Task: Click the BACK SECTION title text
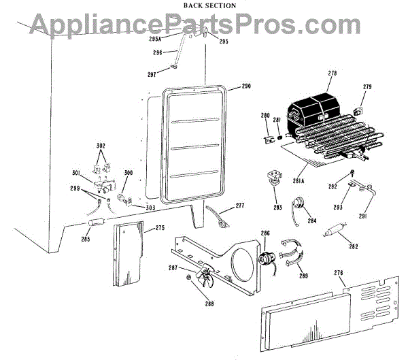pos(210,5)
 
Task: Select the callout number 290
pos(245,86)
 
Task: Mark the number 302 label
pos(101,146)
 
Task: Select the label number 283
pos(277,208)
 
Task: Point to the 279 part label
pos(368,87)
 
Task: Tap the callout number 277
pos(239,206)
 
